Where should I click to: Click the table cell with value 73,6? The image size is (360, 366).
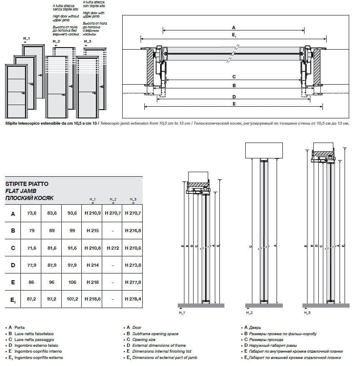point(32,213)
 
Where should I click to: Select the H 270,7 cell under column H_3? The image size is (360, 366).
point(133,213)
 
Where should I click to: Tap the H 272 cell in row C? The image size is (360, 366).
point(113,248)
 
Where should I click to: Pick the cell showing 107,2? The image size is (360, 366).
point(72,299)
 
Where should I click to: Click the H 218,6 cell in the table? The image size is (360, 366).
point(93,299)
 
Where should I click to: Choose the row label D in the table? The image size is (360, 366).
point(13,265)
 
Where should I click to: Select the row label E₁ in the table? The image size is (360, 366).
point(13,300)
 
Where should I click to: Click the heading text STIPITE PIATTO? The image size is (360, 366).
point(27,183)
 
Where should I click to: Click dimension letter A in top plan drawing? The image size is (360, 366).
point(234,27)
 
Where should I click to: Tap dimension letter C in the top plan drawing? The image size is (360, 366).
point(234,77)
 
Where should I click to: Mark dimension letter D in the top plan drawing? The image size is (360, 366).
point(234,96)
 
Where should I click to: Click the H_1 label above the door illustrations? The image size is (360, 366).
point(27,38)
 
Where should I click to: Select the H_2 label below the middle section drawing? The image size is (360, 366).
point(249,312)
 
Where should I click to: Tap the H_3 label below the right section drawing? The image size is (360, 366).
point(307,312)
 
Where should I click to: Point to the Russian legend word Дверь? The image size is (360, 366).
point(254,328)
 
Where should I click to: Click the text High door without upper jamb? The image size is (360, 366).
point(65,18)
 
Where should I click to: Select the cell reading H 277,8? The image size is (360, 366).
point(133,282)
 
